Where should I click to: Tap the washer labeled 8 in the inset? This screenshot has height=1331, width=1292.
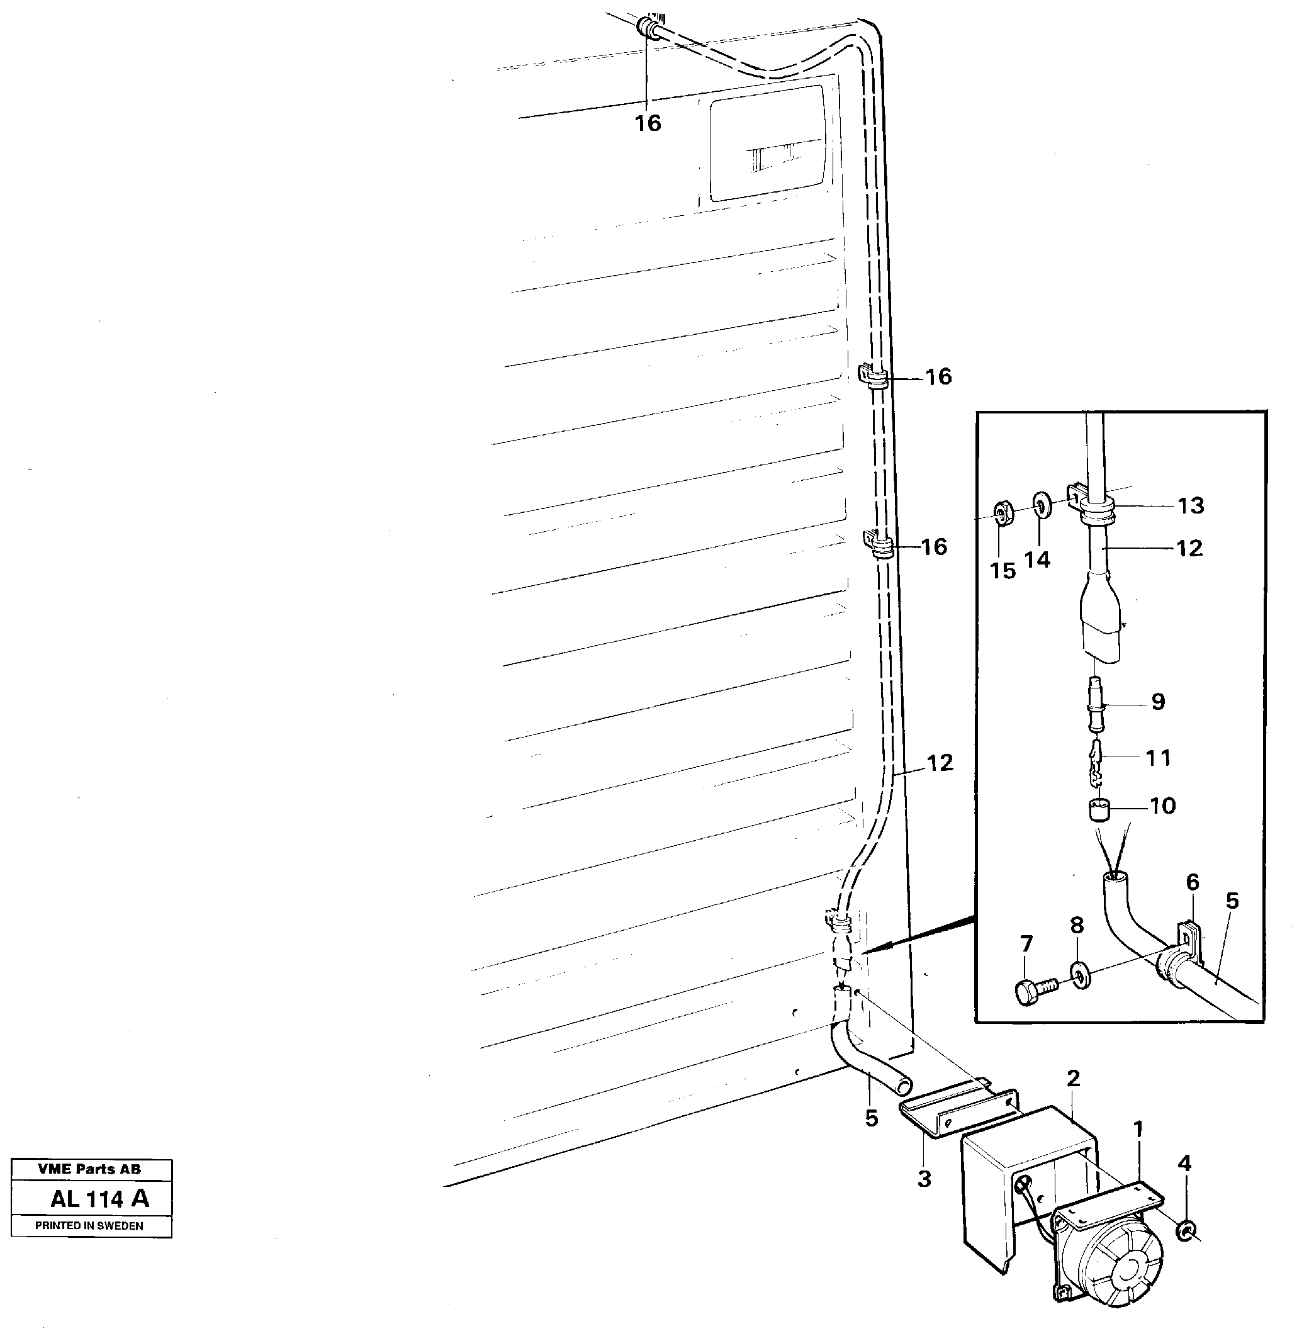[x=1080, y=975]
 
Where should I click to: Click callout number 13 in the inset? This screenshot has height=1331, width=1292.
[x=1191, y=505]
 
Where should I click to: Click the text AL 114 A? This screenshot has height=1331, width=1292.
[x=99, y=1199]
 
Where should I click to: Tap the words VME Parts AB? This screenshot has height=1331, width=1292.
[x=89, y=1169]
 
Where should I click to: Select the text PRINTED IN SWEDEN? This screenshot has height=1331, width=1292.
[x=89, y=1226]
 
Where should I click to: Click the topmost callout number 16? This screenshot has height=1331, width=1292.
[x=648, y=123]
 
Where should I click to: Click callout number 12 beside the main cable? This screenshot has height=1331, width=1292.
[x=940, y=763]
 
